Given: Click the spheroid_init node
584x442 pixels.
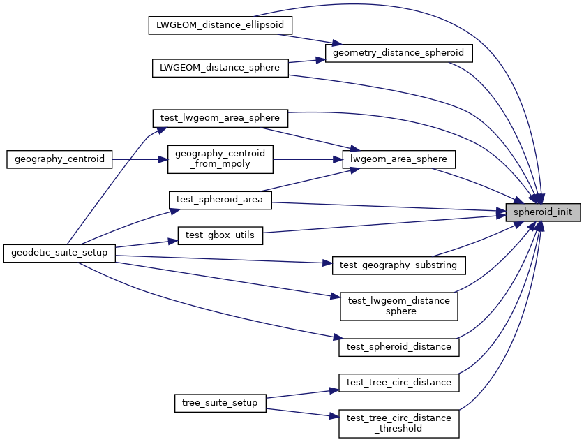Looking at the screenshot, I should coord(543,211).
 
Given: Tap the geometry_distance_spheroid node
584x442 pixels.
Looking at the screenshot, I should coord(399,52).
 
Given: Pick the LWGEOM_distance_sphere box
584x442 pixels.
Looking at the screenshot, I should coord(220,68).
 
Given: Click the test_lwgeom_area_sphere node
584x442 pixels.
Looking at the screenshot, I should coord(220,117).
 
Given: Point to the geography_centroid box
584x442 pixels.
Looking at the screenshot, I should coord(59,159).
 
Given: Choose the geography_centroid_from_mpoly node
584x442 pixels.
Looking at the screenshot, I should coord(220,159).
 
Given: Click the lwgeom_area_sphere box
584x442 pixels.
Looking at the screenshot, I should coord(399,159).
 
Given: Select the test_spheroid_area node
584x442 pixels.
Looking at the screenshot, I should coord(220,200).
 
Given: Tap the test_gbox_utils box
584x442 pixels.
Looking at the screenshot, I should coord(220,236).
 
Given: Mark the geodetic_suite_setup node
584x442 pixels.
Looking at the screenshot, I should coord(59,252).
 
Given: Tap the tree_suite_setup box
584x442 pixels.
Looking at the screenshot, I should coord(220,403).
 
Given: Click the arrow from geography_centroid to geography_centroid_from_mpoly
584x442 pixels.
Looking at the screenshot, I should coord(140,159).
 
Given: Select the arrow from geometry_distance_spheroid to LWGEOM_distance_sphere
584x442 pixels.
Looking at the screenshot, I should coord(307,61).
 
